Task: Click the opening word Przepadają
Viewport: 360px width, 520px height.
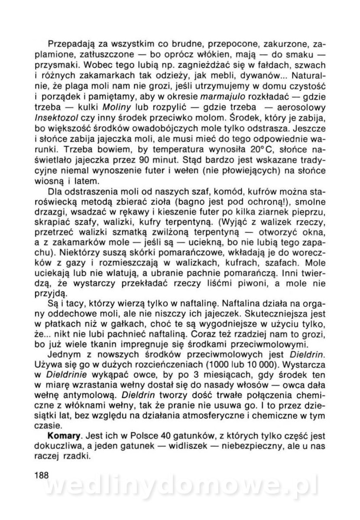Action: point(70,44)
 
